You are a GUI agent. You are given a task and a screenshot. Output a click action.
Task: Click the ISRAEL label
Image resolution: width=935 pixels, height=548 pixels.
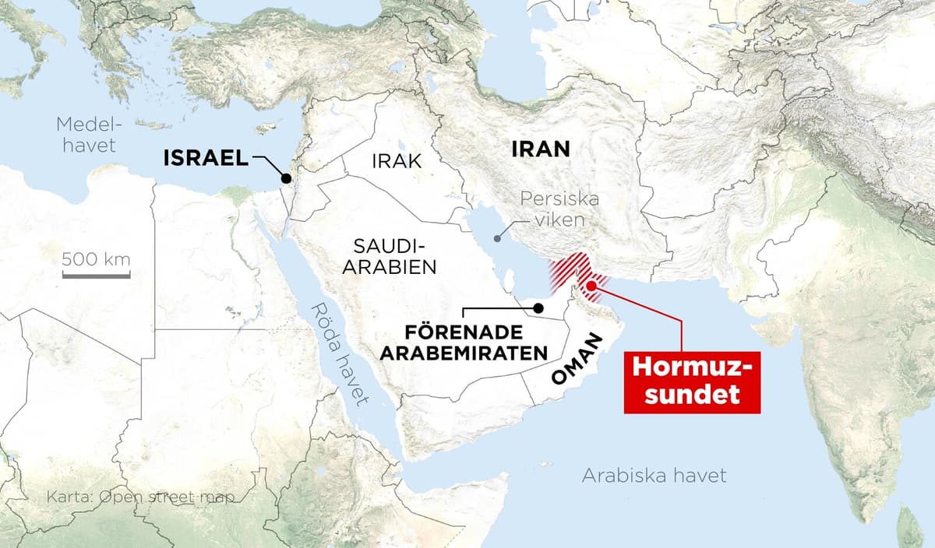[x=205, y=160]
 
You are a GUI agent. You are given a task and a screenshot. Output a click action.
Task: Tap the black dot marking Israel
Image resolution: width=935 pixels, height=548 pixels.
[x=287, y=178]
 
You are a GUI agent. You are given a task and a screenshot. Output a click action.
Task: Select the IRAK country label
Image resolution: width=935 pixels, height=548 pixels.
[x=397, y=161]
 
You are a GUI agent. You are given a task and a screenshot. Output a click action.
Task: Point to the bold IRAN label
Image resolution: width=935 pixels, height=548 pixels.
[x=540, y=149]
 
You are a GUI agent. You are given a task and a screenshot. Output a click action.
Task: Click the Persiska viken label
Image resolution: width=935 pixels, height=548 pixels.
[x=560, y=209]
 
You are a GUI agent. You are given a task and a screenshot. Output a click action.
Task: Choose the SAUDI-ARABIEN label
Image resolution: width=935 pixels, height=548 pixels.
[x=393, y=257]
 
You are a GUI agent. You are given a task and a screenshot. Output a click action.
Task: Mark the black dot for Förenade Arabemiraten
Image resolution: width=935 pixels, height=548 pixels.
[x=538, y=308]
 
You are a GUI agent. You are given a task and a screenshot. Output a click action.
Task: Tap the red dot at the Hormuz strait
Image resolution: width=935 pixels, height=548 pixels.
[x=591, y=286]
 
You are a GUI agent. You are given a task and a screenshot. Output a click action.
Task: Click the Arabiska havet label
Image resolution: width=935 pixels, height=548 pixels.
[x=654, y=476]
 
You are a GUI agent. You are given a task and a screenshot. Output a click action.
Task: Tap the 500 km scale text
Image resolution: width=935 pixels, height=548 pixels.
[x=96, y=258]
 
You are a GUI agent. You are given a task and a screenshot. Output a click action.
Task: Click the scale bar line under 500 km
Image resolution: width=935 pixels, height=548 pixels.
[x=96, y=274]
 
